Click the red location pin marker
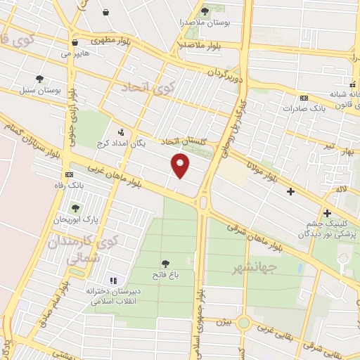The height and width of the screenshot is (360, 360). (181, 165)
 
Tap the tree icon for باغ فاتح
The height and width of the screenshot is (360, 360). (166, 264)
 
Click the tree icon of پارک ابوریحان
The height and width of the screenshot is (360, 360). (76, 208)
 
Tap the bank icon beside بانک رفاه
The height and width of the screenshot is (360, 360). (69, 174)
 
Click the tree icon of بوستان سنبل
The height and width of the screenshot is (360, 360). (40, 79)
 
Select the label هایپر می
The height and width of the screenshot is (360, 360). (75, 53)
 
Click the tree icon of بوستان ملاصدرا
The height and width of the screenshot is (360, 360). (205, 11)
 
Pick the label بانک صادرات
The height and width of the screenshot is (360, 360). (302, 109)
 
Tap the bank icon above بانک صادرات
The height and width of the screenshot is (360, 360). (303, 98)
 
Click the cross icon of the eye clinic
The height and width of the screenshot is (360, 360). (327, 214)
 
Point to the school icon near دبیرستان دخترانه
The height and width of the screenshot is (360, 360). (114, 281)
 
